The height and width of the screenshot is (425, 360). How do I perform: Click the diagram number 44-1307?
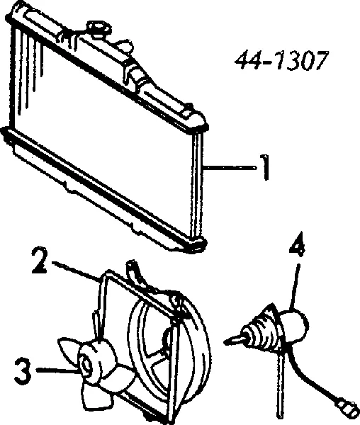pos(281,60)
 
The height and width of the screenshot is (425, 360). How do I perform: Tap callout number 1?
pos(265,167)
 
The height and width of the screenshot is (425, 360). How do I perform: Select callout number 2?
pos(40,260)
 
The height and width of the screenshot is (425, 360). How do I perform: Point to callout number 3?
pos(23,370)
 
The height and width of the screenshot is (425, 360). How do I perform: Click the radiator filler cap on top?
pos(99,29)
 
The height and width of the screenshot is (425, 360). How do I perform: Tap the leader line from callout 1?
pos(230,168)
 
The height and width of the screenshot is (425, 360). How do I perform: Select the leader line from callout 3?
pos(57,370)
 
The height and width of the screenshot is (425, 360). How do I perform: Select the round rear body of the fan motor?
pos(295,326)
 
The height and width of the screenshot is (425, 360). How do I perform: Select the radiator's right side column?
pos(197,184)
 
